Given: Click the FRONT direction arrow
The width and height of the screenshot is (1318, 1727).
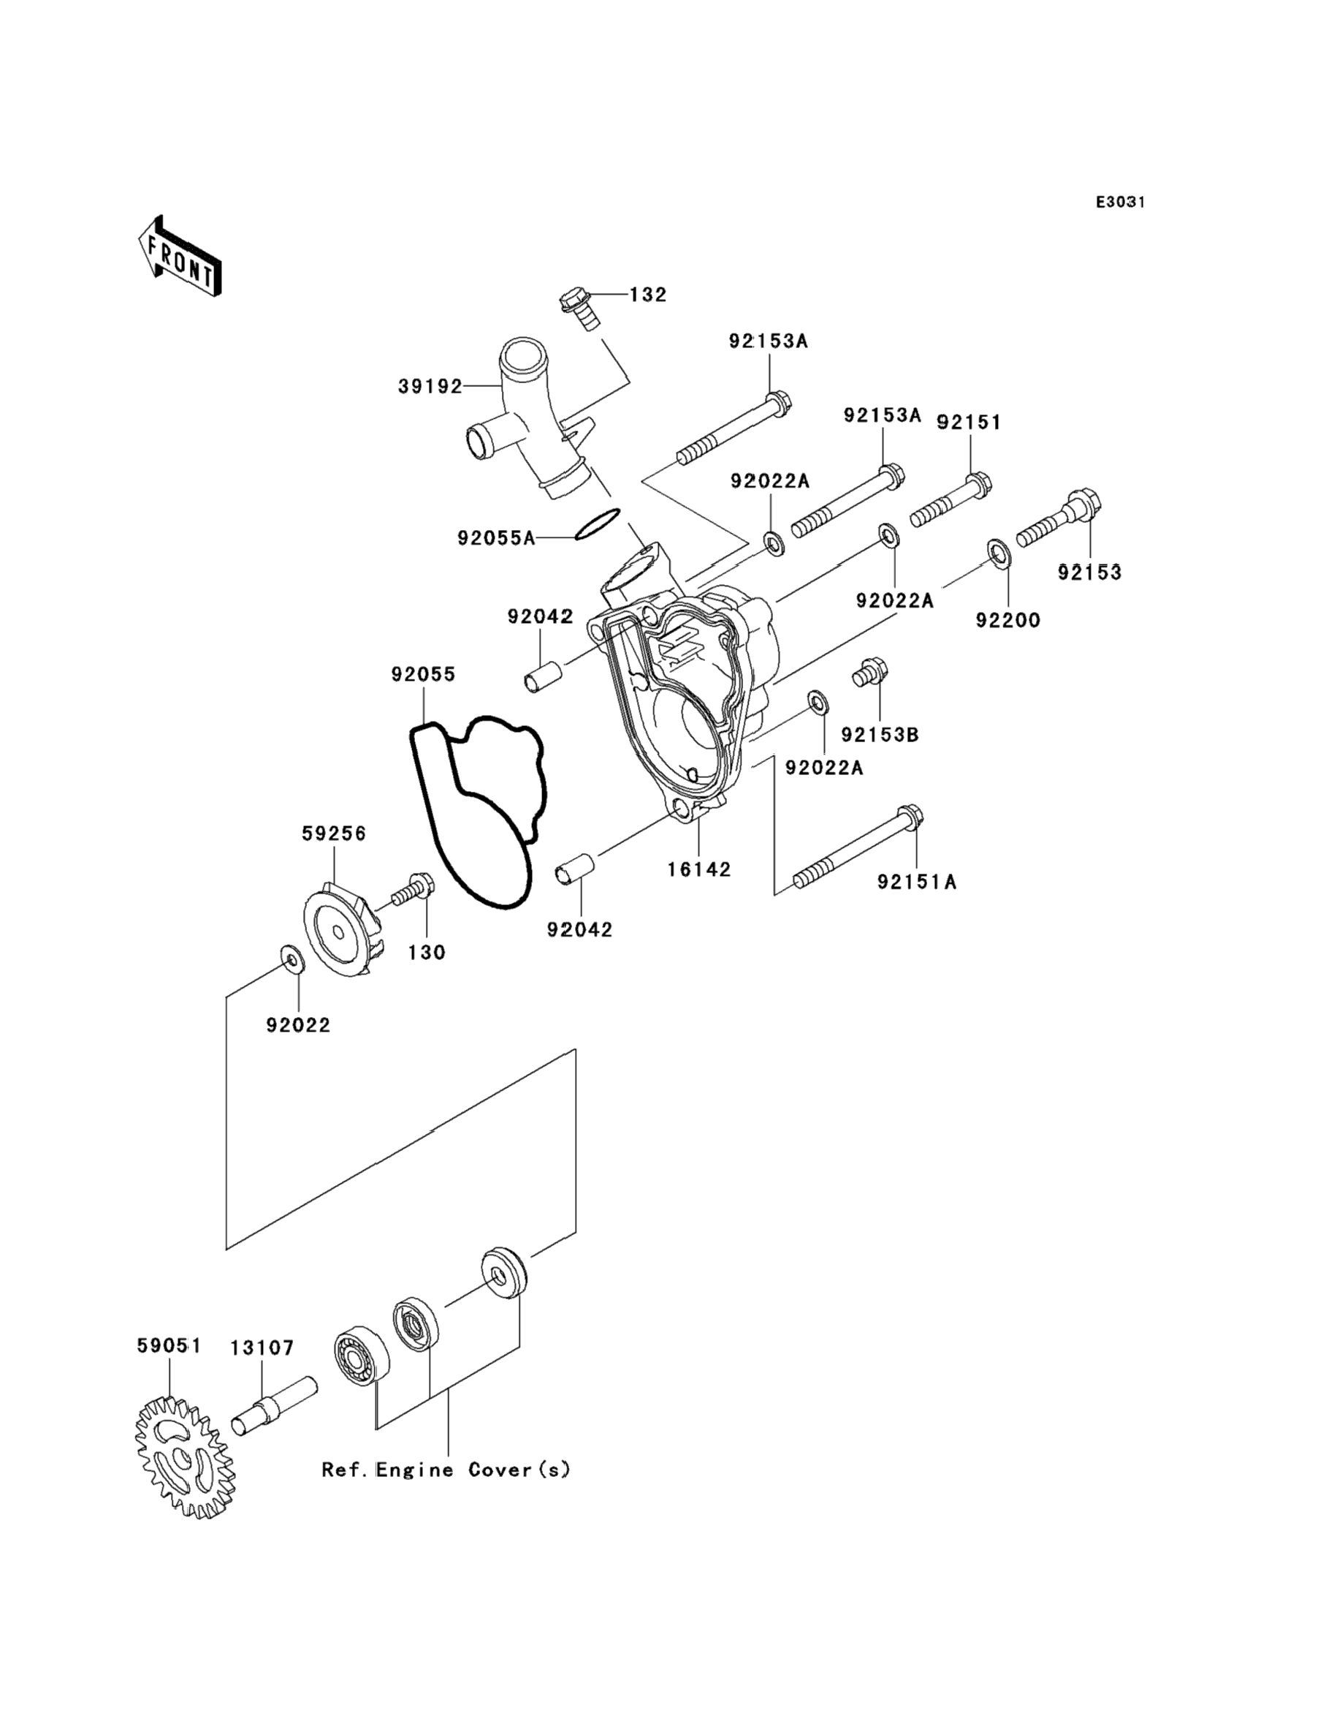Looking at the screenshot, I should (x=180, y=257).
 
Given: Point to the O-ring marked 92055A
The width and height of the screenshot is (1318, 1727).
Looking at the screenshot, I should (x=597, y=524).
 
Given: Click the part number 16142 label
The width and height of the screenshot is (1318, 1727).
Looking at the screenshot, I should (x=699, y=870).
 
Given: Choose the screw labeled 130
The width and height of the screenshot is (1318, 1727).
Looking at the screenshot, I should (x=413, y=891).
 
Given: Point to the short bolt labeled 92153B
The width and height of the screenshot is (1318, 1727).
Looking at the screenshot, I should (x=870, y=672).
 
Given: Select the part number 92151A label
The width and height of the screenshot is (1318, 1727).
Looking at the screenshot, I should (x=916, y=883).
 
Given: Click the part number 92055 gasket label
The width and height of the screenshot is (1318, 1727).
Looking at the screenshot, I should (x=423, y=674).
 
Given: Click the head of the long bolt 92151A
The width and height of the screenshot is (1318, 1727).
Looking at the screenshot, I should (x=910, y=817).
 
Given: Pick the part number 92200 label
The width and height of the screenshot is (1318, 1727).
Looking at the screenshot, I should (x=1007, y=620).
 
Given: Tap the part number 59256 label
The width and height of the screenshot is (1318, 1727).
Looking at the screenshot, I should (x=334, y=834).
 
